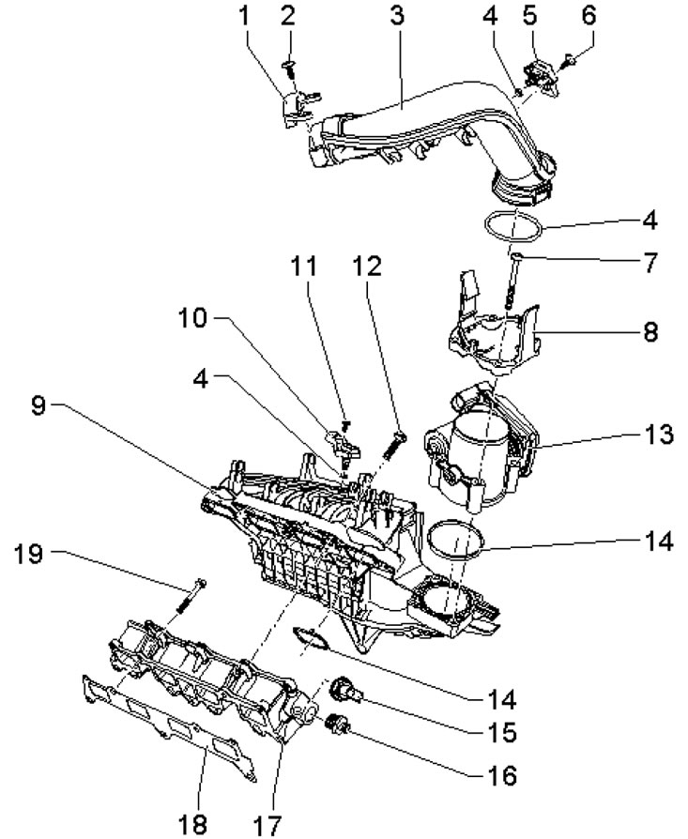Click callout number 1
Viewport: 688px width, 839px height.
point(244,16)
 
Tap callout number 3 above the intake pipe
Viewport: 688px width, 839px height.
point(397,16)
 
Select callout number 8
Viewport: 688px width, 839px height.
point(650,332)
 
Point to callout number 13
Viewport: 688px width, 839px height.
point(658,434)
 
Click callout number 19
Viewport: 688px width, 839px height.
point(28,554)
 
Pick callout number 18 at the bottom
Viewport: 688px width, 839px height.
point(191,824)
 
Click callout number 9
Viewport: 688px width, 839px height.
point(38,405)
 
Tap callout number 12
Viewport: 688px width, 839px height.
point(368,266)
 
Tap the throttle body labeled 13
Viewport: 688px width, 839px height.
point(482,445)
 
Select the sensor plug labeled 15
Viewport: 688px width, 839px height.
point(347,689)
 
